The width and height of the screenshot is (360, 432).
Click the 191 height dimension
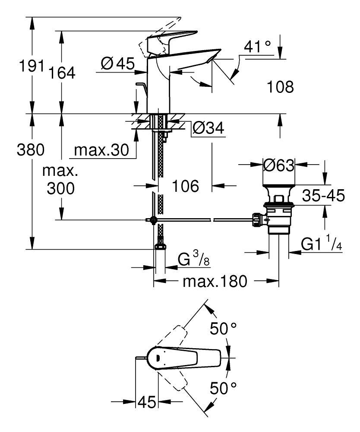31,66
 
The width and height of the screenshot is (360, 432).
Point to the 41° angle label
258,47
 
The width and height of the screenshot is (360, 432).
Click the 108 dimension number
280,87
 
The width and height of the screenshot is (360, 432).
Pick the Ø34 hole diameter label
208,128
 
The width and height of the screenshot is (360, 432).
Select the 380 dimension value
30,150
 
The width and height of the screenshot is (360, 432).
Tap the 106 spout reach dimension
185,186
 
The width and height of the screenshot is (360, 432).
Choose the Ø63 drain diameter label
278,165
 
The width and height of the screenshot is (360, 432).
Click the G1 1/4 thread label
322,245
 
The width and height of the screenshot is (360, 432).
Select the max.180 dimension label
215,282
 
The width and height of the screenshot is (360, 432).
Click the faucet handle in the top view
186,357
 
